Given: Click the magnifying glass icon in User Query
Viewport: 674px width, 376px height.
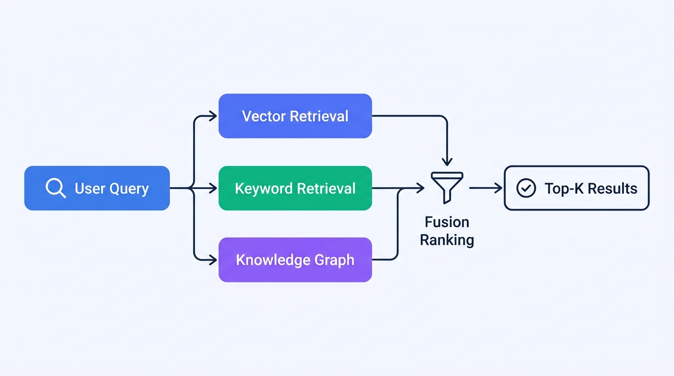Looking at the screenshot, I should pyautogui.click(x=55, y=188).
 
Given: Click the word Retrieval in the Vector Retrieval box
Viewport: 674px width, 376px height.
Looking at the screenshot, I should pyautogui.click(x=319, y=116).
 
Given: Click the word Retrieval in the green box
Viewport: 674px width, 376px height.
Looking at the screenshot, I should pyautogui.click(x=326, y=188).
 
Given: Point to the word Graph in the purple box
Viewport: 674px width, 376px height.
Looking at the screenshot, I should pyautogui.click(x=335, y=260).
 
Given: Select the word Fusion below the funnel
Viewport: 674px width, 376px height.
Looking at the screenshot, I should pyautogui.click(x=447, y=222).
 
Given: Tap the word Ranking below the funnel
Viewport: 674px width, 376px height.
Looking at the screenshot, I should pyautogui.click(x=447, y=240).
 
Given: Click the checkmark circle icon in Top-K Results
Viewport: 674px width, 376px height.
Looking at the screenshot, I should pyautogui.click(x=526, y=188).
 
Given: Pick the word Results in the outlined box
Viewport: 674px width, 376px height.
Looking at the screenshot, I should pyautogui.click(x=612, y=188).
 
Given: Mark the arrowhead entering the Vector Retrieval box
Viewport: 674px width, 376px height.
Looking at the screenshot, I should pyautogui.click(x=213, y=116).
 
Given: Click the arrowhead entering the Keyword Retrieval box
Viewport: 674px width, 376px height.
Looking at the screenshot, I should pyautogui.click(x=213, y=188).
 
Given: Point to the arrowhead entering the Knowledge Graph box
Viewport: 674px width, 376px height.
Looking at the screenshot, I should pyautogui.click(x=213, y=260).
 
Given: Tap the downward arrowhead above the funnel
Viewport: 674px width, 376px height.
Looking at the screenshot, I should pyautogui.click(x=447, y=161).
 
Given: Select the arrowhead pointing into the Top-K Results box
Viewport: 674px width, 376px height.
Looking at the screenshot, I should pyautogui.click(x=498, y=188).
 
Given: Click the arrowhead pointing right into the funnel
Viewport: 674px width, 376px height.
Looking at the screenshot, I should pyautogui.click(x=420, y=188).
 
